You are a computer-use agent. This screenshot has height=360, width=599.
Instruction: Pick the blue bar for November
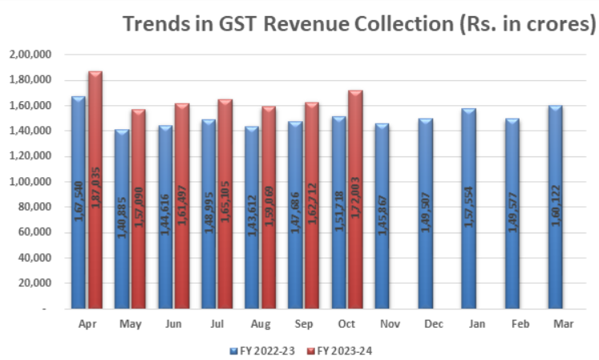tap(382, 216)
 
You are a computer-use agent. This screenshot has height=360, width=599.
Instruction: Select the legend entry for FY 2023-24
tap(340, 350)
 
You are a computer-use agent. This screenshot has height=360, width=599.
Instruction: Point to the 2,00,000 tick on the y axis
tap(30, 55)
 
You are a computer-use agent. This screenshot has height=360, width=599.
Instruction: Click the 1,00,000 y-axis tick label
tap(30, 182)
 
